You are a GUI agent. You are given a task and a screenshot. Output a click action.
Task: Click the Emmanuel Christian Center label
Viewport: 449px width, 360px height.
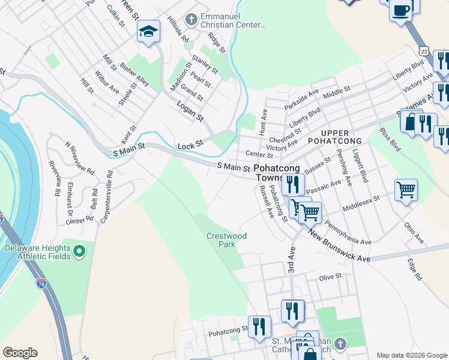click(x=234, y=20)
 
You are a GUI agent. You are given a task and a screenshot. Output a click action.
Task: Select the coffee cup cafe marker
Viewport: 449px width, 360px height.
click(x=400, y=10)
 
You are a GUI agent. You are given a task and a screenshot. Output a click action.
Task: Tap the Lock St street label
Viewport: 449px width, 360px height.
click(x=191, y=146)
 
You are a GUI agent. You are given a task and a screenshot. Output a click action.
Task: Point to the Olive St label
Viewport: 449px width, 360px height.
click(x=330, y=277)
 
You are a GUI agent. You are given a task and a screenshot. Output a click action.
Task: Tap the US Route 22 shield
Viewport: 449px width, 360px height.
click(x=424, y=53)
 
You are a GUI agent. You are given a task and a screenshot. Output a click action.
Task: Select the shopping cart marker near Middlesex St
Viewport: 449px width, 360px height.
click(x=406, y=190)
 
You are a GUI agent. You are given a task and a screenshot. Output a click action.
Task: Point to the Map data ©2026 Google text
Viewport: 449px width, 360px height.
click(x=411, y=355)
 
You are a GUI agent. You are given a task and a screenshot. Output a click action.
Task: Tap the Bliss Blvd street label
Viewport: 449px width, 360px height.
click(x=390, y=139)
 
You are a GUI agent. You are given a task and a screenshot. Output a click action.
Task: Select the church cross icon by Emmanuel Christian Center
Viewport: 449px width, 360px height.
click(x=191, y=20)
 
